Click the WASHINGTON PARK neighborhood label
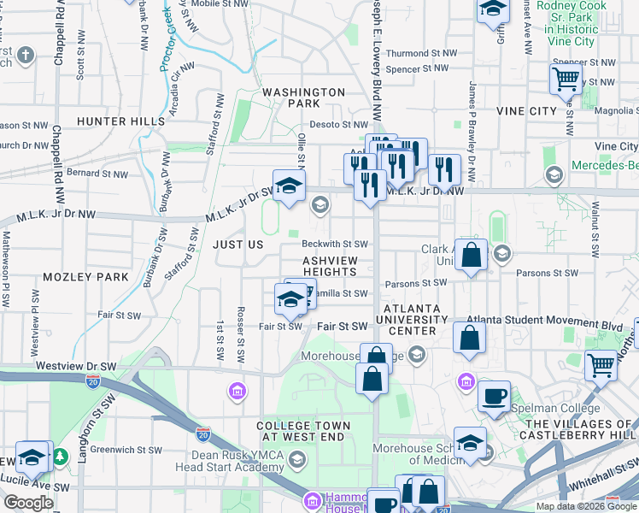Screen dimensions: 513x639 click(x=303, y=97)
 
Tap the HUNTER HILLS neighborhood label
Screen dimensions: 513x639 click(x=120, y=121)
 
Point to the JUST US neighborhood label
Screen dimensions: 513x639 click(x=237, y=245)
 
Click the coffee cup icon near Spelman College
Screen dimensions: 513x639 click(x=494, y=397)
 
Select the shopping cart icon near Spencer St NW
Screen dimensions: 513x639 click(x=566, y=80)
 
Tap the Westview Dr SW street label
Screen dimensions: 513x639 click(x=76, y=365)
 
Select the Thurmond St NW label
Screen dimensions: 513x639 click(x=421, y=53)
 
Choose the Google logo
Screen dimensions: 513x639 click(x=28, y=503)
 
